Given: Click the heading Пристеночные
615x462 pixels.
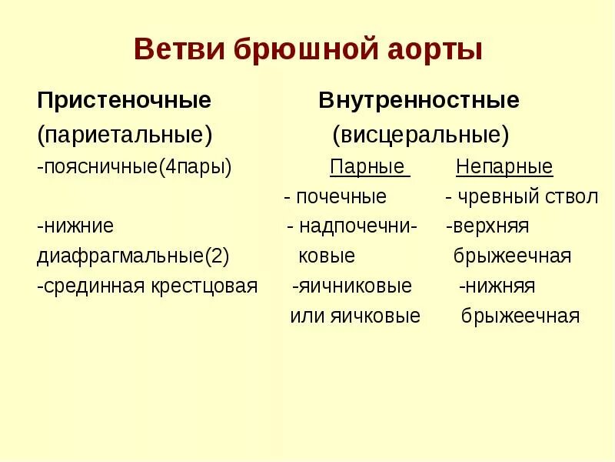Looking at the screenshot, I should (x=125, y=101).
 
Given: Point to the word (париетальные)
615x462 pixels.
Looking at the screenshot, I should (x=125, y=135).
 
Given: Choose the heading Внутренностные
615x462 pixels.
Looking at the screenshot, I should (x=419, y=101).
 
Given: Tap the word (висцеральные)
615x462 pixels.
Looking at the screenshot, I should (x=421, y=135).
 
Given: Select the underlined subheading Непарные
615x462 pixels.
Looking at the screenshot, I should (x=504, y=167).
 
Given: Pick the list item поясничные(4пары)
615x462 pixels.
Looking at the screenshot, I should (x=135, y=167).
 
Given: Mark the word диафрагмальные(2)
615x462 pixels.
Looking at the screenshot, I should (x=133, y=256).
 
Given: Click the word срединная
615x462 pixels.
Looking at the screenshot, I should (x=89, y=286).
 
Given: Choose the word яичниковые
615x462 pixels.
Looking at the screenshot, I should (x=354, y=286).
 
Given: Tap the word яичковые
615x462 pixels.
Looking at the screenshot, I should (x=376, y=316).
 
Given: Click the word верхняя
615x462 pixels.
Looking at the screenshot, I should (x=492, y=226).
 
